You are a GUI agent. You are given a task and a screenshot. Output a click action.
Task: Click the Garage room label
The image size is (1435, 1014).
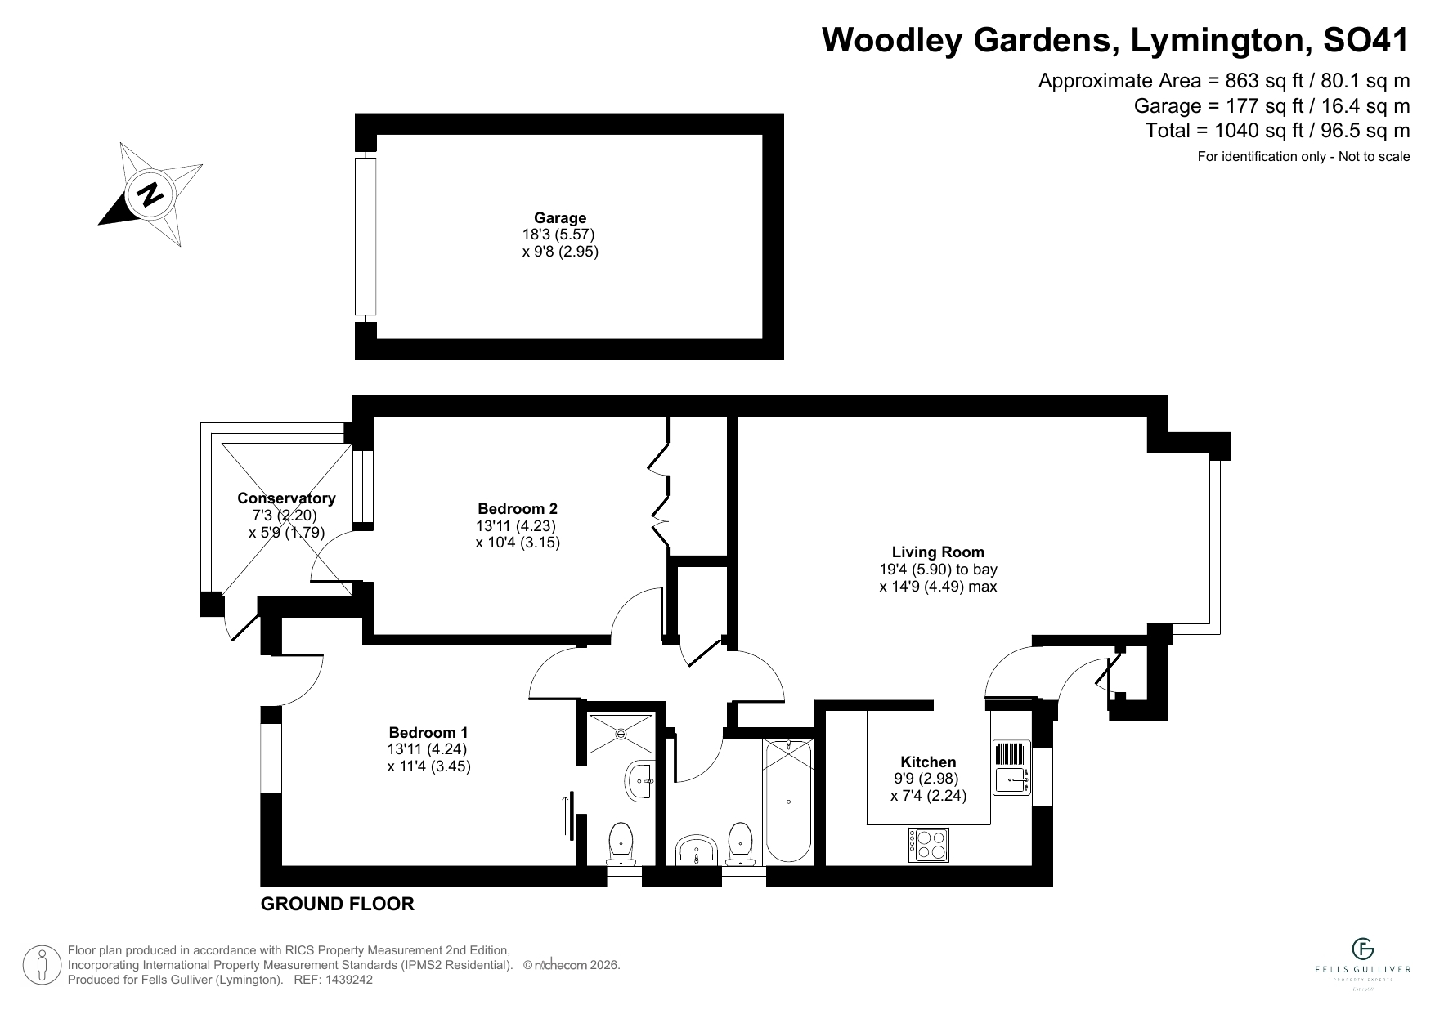[560, 217]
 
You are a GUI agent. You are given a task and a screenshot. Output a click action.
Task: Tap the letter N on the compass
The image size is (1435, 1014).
[150, 194]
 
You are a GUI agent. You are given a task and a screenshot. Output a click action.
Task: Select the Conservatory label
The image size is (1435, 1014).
[286, 498]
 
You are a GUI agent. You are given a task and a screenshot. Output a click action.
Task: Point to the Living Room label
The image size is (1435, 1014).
[938, 552]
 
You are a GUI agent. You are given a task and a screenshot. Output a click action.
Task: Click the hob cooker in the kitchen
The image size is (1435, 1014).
[929, 845]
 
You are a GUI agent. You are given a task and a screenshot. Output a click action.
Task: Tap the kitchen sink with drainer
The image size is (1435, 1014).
[1012, 767]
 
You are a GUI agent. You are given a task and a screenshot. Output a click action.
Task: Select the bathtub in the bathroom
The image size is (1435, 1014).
[788, 801]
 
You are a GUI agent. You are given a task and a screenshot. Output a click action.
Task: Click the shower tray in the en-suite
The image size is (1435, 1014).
[621, 734]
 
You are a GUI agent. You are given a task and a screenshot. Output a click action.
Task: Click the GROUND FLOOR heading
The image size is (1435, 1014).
[337, 904]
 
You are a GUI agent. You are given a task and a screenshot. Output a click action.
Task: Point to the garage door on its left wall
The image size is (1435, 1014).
[365, 237]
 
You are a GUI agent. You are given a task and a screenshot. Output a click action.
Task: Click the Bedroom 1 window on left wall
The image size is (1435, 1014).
[271, 758]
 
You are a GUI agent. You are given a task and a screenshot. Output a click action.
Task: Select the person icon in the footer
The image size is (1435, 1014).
[43, 965]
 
